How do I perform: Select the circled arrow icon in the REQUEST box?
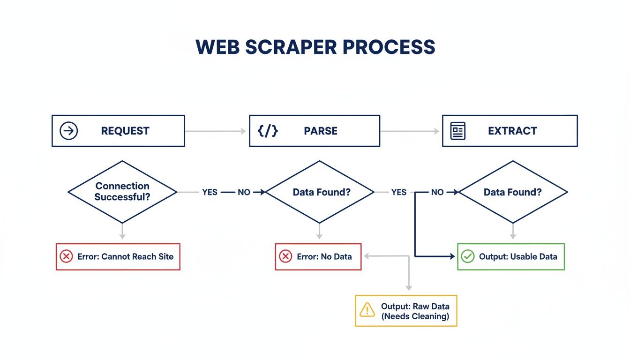(x=69, y=131)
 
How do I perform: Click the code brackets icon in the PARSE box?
(x=268, y=131)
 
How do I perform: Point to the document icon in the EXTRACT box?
(x=458, y=131)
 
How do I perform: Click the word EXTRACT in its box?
(x=512, y=131)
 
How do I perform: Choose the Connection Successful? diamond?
(x=122, y=192)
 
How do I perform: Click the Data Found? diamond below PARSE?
(x=320, y=192)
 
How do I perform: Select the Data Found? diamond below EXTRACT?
(x=513, y=192)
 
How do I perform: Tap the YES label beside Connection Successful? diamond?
(x=210, y=192)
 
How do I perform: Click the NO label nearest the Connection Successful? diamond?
(x=244, y=192)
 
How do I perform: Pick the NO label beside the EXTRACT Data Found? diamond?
(x=437, y=192)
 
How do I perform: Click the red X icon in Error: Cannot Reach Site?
(x=67, y=256)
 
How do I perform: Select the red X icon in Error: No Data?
(x=285, y=256)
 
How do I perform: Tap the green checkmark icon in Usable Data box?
(x=468, y=256)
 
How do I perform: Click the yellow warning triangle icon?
(x=367, y=310)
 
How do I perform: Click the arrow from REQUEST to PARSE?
(x=216, y=131)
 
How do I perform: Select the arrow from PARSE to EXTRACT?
(x=411, y=131)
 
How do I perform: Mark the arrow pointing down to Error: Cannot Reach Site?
(x=122, y=232)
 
